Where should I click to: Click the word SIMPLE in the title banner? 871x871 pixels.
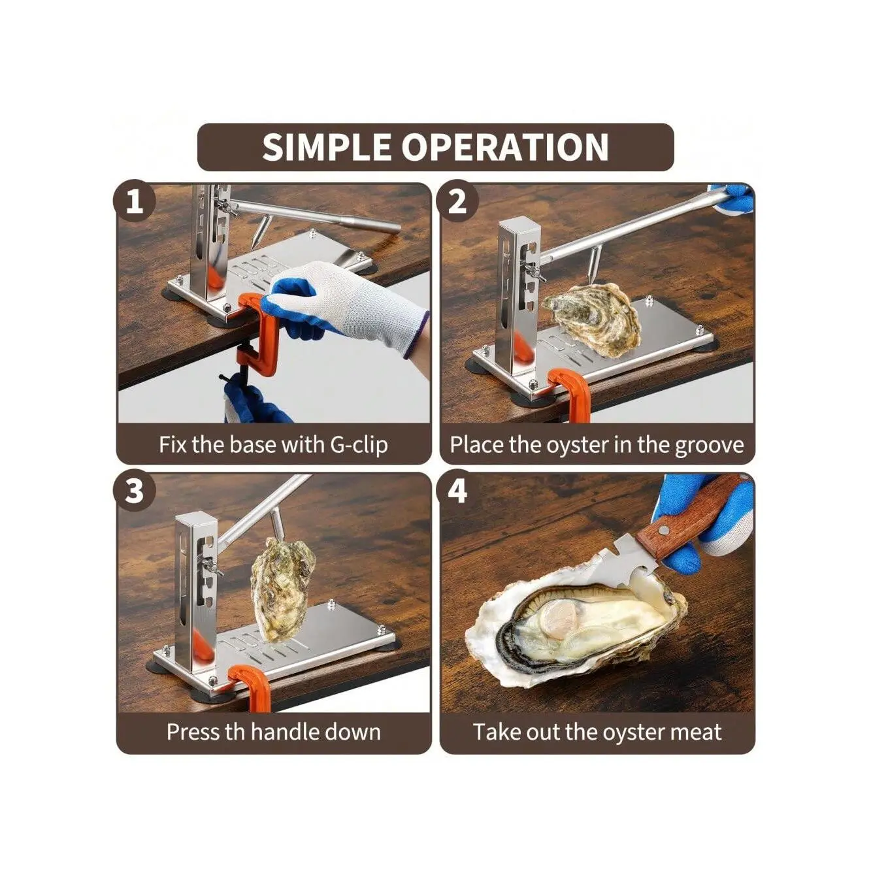(x=326, y=147)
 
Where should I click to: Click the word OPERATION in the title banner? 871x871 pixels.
(x=505, y=147)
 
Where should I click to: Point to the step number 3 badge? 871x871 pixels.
(x=134, y=491)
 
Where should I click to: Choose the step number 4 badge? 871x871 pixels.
(x=457, y=491)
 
